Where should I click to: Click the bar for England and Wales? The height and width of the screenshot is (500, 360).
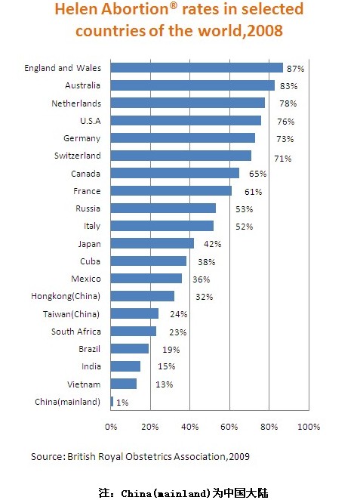click(196, 68)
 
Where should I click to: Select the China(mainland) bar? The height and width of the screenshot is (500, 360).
click(112, 402)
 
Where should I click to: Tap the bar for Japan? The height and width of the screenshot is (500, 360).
click(152, 243)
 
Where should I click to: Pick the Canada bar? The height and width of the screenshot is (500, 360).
click(175, 173)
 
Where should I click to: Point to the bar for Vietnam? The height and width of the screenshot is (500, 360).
click(124, 384)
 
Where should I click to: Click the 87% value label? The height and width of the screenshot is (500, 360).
click(295, 69)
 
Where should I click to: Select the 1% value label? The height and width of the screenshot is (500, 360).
click(122, 403)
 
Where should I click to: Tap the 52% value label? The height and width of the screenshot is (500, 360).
click(244, 227)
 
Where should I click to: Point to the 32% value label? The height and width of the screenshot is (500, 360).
click(205, 297)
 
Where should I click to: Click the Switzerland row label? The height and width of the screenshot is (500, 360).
click(78, 156)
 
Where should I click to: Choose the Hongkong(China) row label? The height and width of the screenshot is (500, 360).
click(66, 296)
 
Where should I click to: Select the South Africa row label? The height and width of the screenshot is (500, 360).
click(76, 332)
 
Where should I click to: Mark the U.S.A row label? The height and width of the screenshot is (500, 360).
click(91, 121)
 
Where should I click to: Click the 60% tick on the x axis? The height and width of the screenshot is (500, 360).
click(229, 427)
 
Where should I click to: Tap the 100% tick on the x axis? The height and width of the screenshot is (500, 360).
click(309, 427)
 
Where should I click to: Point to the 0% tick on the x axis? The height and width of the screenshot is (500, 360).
click(111, 427)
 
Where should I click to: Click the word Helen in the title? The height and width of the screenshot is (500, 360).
click(76, 9)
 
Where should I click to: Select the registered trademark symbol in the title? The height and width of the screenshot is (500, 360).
click(174, 5)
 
